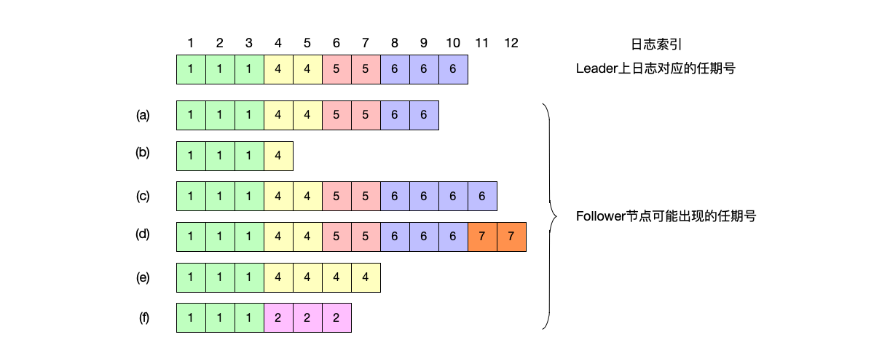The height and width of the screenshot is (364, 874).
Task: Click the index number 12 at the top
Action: pyautogui.click(x=511, y=43)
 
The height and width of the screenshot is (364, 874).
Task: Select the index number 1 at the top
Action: pyautogui.click(x=191, y=43)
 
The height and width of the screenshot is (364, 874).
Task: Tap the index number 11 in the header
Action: pyautogui.click(x=482, y=43)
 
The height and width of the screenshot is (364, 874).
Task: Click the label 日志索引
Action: pyautogui.click(x=655, y=44)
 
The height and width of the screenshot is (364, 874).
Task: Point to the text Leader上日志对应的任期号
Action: pyautogui.click(x=653, y=69)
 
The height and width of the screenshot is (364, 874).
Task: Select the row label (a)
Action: pyautogui.click(x=143, y=115)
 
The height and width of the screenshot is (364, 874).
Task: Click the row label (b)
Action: pyautogui.click(x=143, y=154)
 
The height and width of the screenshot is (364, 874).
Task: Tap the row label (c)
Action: pyautogui.click(x=143, y=196)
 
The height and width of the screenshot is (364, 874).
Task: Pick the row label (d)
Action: pyautogui.click(x=143, y=235)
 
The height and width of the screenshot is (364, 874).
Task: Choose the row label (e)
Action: pyautogui.click(x=143, y=277)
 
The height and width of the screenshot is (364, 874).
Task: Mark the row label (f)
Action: pyautogui.click(x=143, y=317)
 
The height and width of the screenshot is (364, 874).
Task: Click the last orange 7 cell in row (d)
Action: pyautogui.click(x=511, y=237)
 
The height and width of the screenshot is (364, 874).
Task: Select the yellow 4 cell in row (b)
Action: pyautogui.click(x=278, y=156)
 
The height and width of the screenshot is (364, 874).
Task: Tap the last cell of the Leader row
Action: pyautogui.click(x=453, y=69)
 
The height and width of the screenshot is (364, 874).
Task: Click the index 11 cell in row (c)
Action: pyautogui.click(x=482, y=197)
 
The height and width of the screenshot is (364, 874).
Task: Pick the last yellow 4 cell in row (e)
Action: pyautogui.click(x=366, y=277)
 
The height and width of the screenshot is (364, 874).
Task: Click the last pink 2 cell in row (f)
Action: pyautogui.click(x=336, y=317)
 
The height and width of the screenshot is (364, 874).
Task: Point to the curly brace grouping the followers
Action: pyautogui.click(x=548, y=216)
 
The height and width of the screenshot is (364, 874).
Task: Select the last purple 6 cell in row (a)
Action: pyautogui.click(x=424, y=115)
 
